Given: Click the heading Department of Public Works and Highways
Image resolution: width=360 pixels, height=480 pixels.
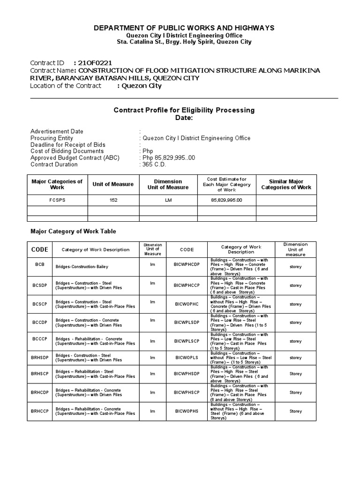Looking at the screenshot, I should coord(184,28).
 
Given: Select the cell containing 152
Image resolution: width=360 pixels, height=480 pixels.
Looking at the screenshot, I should coord(113,200).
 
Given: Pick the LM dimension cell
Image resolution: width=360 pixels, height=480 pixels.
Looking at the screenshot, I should coord(168,200).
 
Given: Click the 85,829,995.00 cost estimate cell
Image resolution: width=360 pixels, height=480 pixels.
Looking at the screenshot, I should coord(226,200).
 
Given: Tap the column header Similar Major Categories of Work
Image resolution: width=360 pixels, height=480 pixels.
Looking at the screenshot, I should coord(286,184).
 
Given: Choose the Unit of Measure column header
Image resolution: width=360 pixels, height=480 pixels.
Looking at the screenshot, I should coord(113,184).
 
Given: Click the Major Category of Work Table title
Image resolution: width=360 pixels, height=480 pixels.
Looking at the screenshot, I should coord(73,231).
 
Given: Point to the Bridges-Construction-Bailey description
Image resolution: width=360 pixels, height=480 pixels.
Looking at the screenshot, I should coord(82,267).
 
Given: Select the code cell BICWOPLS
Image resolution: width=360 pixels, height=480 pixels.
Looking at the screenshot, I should coord(187,358).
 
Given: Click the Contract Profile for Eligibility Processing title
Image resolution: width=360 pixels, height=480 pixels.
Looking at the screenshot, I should coord(184,110).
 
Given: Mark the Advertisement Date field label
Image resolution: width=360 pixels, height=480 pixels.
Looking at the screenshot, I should coord(57,132).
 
